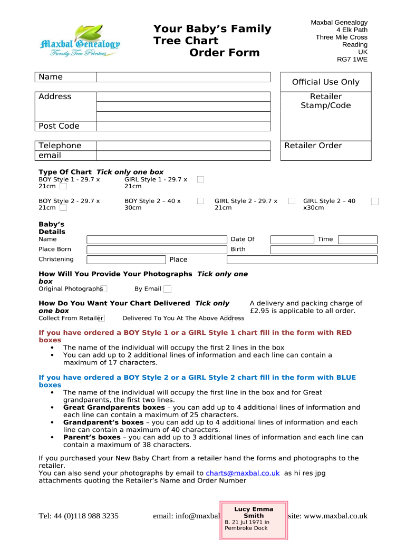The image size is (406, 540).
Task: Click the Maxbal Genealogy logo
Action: point(80,42)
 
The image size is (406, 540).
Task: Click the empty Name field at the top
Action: point(183,78)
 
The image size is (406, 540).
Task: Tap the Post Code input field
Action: point(183,126)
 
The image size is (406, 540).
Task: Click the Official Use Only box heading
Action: point(325,82)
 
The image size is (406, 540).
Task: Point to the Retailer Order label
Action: point(313,146)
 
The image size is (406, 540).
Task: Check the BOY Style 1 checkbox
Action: point(63,186)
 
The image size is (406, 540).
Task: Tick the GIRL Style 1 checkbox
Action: point(200,179)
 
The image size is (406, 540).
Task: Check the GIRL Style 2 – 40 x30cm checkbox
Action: point(374,201)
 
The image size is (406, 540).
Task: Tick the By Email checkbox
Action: point(167,288)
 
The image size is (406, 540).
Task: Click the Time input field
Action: point(357,239)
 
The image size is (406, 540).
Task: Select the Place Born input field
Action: point(156,249)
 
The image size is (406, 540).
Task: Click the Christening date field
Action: point(126,259)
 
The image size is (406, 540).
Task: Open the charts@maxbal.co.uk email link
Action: point(243,473)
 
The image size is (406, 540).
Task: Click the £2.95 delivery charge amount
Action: point(260,311)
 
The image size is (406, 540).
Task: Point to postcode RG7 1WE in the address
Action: point(352,60)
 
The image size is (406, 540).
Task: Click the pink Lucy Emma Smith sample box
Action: point(253,519)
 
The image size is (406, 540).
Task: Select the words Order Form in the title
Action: point(225,52)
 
